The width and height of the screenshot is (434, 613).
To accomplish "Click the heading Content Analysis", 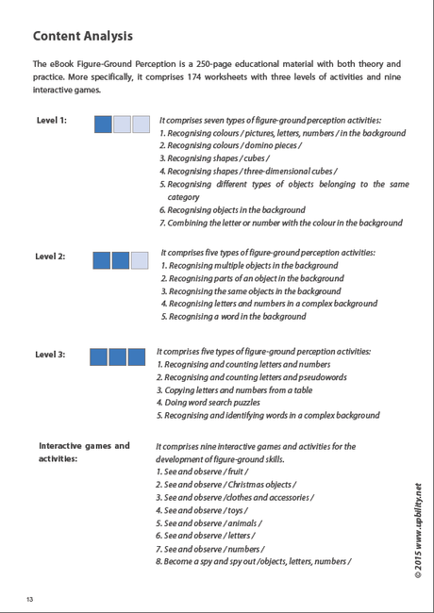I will (x=82, y=36).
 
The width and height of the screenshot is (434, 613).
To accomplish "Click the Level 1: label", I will (x=52, y=121).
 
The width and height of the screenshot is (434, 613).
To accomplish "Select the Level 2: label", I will (x=50, y=257).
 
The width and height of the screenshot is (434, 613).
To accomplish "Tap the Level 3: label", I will (x=50, y=355).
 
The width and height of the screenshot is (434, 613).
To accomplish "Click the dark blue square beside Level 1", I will (x=104, y=124).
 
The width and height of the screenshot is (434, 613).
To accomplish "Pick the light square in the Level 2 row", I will (x=140, y=260).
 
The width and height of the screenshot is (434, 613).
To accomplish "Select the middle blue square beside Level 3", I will (x=117, y=357).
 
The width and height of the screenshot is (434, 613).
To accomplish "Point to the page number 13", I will (x=30, y=599).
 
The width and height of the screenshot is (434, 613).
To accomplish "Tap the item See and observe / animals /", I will (x=212, y=522).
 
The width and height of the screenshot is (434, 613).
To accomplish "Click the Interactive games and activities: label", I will (x=83, y=452).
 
